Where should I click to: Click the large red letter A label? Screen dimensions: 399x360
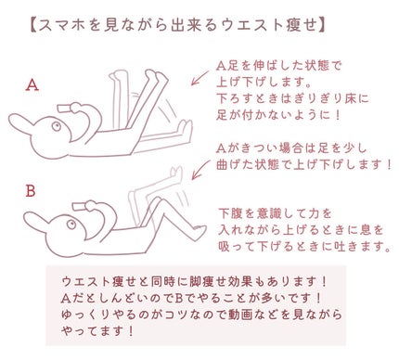tap(32, 84)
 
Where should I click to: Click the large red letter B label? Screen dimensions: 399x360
tap(31, 191)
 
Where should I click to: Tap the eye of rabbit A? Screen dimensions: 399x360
tap(57, 126)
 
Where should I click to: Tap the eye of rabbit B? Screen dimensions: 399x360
tap(71, 224)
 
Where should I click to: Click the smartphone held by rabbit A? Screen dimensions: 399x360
tap(65, 109)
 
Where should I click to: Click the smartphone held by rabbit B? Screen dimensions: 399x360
tap(80, 207)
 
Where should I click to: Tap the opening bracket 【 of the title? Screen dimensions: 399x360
tap(32, 26)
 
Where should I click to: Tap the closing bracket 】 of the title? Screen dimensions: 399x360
tap(321, 26)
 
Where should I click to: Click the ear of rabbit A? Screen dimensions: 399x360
tap(21, 122)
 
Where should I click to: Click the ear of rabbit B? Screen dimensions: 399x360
tap(36, 220)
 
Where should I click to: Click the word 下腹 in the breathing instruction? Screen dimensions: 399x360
tap(230, 213)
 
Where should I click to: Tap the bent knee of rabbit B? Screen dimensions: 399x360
tap(160, 201)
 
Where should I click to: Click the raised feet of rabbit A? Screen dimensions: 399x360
tap(156, 76)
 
